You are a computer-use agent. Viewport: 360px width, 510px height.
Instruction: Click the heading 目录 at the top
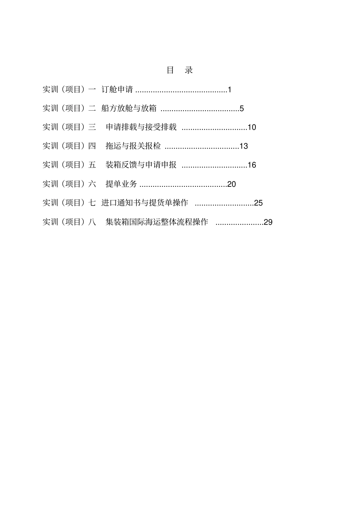pyautogui.click(x=180, y=70)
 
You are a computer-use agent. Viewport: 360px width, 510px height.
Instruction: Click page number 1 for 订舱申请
pyautogui.click(x=229, y=90)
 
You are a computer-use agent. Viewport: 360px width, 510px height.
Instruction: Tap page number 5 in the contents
pyautogui.click(x=242, y=109)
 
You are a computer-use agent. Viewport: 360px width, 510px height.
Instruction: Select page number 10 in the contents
pyautogui.click(x=252, y=127)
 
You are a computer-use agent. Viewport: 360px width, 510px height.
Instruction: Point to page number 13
pyautogui.click(x=244, y=146)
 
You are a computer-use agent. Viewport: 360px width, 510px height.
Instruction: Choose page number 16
pyautogui.click(x=252, y=165)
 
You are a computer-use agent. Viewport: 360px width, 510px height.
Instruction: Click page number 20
pyautogui.click(x=232, y=184)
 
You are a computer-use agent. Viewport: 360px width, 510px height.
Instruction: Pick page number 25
pyautogui.click(x=258, y=203)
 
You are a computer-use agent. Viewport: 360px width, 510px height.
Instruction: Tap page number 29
pyautogui.click(x=268, y=222)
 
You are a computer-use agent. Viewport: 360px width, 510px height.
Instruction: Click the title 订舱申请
pyautogui.click(x=117, y=89)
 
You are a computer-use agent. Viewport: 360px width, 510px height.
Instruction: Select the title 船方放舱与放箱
pyautogui.click(x=129, y=108)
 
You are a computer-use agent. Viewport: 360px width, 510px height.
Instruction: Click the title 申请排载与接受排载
pyautogui.click(x=141, y=127)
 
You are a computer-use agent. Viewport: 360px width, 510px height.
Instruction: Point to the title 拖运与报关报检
pyautogui.click(x=133, y=146)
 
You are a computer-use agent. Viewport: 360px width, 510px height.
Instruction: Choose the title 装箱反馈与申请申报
pyautogui.click(x=141, y=165)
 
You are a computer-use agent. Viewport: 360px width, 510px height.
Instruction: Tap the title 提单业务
pyautogui.click(x=121, y=184)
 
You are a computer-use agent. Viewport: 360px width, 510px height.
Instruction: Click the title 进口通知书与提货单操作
pyautogui.click(x=145, y=203)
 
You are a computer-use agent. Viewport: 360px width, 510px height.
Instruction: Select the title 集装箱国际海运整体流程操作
pyautogui.click(x=157, y=222)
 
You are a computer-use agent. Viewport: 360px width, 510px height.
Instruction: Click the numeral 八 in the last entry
pyautogui.click(x=92, y=222)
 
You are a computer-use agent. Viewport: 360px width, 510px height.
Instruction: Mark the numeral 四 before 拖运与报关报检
pyautogui.click(x=92, y=146)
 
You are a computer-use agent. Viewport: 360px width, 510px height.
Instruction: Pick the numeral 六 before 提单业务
pyautogui.click(x=92, y=184)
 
